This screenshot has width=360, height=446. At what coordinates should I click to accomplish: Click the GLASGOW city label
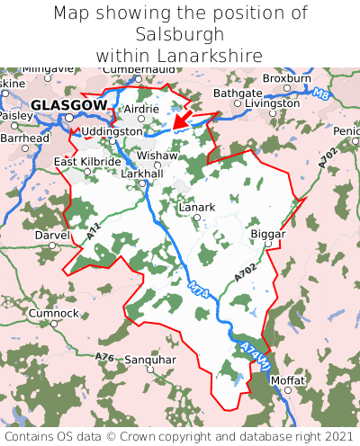(x=67, y=105)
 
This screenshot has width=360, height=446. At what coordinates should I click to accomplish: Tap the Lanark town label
(x=197, y=207)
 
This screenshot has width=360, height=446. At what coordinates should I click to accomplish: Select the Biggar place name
(x=267, y=234)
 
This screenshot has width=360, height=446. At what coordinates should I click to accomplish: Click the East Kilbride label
(x=86, y=162)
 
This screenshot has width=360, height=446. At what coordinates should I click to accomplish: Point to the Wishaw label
(x=157, y=155)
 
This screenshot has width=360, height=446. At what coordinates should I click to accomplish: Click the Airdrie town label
(x=140, y=109)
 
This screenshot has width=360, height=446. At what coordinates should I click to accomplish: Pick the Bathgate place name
(x=238, y=93)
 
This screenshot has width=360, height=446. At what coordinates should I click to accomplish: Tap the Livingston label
(x=273, y=103)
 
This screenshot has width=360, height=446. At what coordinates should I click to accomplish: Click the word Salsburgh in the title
(x=180, y=34)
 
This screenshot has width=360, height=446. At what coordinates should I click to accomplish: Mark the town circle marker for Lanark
(x=196, y=217)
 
